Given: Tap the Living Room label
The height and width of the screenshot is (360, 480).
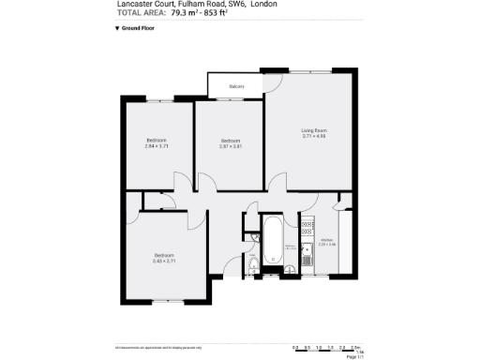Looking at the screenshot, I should (313, 129).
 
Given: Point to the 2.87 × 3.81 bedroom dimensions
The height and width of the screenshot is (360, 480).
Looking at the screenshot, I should (230, 146).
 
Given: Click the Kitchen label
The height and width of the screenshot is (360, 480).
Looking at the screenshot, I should (327, 240).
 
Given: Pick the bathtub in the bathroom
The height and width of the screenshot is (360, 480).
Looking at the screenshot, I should (271, 240).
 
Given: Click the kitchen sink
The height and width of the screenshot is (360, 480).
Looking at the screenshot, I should (306, 224).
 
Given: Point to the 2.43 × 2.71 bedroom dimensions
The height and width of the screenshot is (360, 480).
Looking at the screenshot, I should (165, 261).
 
